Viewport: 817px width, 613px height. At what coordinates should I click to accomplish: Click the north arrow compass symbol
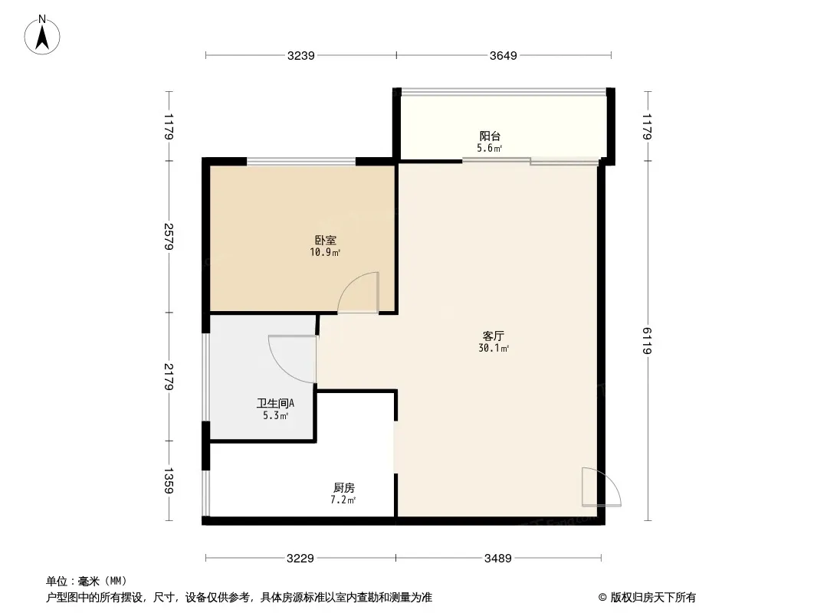(42, 35)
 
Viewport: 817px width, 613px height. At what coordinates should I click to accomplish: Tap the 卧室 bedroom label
(325, 240)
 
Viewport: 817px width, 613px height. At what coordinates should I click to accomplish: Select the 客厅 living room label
(493, 336)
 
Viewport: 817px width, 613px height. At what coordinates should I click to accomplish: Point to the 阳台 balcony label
(490, 136)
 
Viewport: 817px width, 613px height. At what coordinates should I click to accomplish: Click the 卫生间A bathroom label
(275, 403)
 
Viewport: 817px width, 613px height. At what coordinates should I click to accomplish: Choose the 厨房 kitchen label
(344, 487)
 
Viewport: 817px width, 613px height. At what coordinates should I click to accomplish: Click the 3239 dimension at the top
(300, 55)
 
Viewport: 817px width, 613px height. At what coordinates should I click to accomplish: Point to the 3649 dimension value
(503, 55)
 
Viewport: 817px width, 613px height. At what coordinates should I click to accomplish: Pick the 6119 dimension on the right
(647, 341)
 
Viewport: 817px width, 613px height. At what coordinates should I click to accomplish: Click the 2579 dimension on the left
(169, 237)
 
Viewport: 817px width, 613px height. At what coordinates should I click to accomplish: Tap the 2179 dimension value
(169, 376)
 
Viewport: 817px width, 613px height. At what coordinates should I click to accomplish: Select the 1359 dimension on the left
(169, 480)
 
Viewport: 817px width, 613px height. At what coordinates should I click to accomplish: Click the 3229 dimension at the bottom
(300, 559)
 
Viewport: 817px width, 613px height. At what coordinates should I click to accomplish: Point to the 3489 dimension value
(497, 559)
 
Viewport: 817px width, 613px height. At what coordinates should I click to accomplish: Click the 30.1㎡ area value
(494, 349)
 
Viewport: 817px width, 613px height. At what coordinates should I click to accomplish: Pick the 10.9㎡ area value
(325, 253)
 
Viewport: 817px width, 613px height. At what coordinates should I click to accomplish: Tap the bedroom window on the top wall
(301, 162)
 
